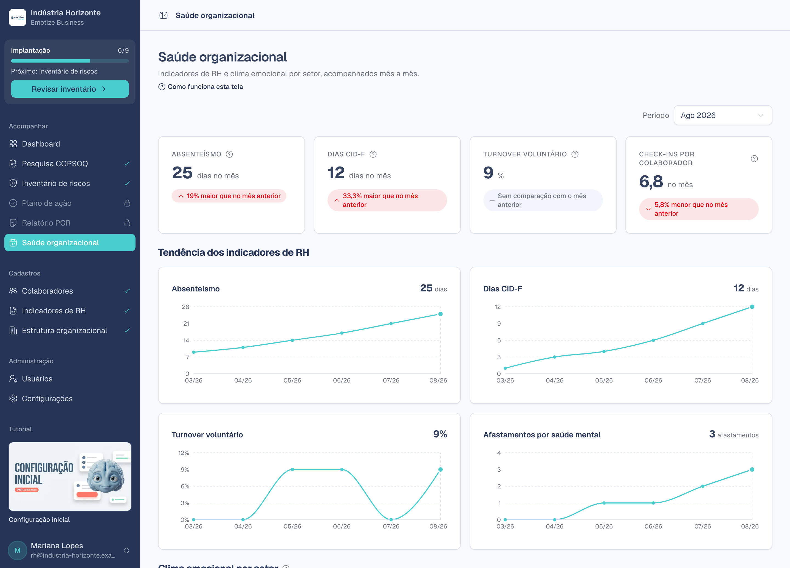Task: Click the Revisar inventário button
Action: coord(70,89)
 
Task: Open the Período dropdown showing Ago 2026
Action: coord(723,115)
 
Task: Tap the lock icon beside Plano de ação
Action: coord(127,203)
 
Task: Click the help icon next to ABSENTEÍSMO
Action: coord(229,154)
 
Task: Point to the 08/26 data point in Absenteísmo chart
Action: coord(440,314)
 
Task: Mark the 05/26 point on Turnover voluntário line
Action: coord(292,470)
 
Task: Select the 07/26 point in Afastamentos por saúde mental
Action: coord(702,487)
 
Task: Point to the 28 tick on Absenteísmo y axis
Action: coord(186,307)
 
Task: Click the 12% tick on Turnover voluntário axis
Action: coord(184,453)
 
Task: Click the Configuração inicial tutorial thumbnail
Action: coord(70,477)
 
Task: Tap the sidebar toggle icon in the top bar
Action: coord(163,15)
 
